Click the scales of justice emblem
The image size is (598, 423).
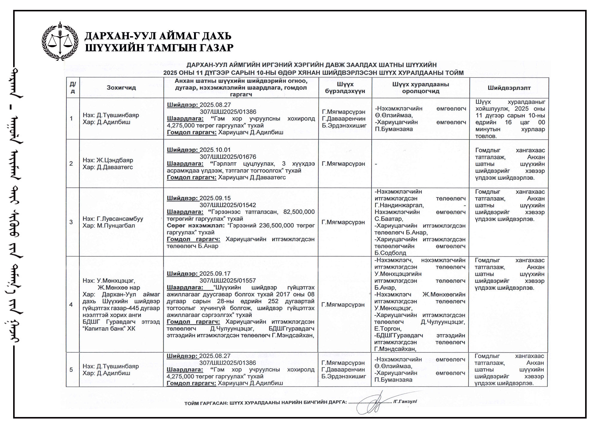[60, 41]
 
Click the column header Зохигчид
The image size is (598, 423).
[121, 88]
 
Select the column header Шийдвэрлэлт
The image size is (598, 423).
[509, 88]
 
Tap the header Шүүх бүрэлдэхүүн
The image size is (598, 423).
[345, 88]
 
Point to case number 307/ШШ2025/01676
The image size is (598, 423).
[228, 157]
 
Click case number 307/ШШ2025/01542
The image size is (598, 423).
[228, 205]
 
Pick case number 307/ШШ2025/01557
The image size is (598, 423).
[228, 280]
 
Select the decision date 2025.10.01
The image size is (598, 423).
[215, 150]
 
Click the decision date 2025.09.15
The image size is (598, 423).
[215, 198]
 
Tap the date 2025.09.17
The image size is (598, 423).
[215, 273]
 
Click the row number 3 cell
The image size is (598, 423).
[71, 222]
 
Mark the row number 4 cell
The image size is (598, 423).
[71, 305]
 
